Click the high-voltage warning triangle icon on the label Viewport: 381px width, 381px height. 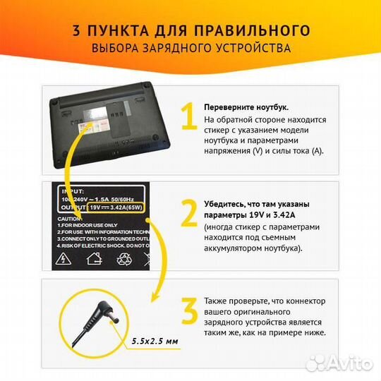(66, 258)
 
